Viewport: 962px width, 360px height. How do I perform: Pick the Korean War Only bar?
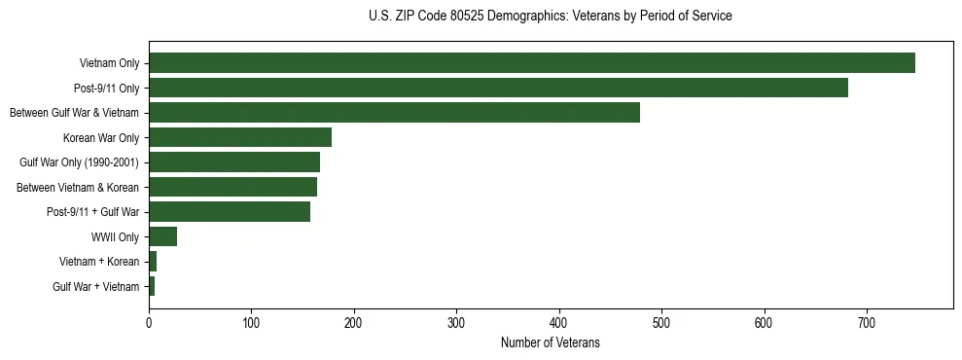point(240,137)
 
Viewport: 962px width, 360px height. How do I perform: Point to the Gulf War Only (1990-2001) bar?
point(234,162)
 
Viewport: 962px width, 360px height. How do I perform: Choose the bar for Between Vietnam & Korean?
point(232,187)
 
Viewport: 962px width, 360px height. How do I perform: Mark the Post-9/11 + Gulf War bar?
point(230,212)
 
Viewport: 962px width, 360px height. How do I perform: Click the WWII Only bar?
point(162,236)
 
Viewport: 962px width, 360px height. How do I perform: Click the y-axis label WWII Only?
point(115,237)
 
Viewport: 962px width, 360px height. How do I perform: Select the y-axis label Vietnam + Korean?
point(99,262)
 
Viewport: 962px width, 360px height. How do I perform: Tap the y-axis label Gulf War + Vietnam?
point(96,287)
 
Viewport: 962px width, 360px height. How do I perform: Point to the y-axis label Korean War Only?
point(101,138)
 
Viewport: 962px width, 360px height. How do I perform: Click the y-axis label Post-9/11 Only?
point(107,89)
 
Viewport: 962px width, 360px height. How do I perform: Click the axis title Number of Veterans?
point(550,342)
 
